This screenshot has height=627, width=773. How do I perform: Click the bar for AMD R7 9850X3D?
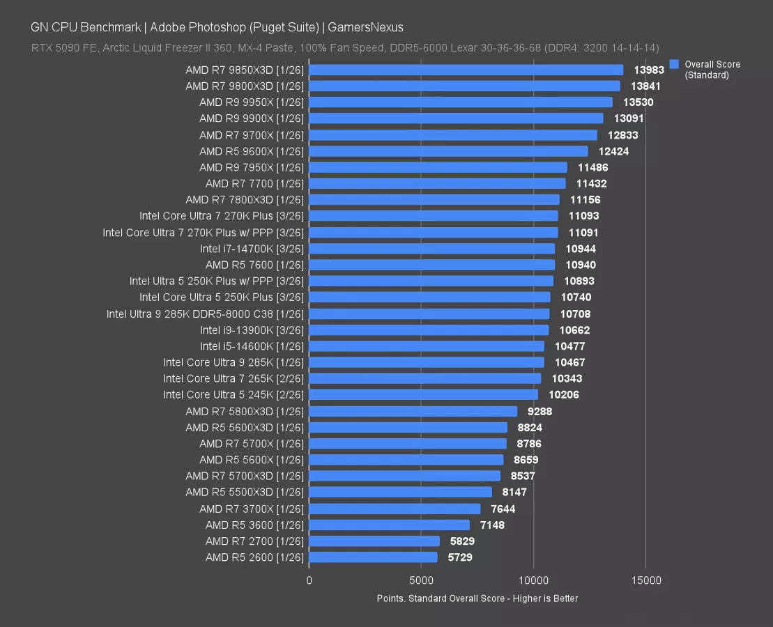[x=466, y=70]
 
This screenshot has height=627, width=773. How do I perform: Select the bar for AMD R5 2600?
[x=373, y=557]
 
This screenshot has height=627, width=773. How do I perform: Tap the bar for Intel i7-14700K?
[x=431, y=249]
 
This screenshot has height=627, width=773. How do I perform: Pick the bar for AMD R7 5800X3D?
[x=413, y=411]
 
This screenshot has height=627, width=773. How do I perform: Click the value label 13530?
[x=638, y=102]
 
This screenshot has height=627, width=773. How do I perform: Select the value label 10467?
[x=569, y=362]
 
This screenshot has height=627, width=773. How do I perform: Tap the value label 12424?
[x=613, y=151]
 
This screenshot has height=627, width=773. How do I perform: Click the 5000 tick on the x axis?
[x=421, y=580]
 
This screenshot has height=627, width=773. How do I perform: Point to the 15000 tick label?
[x=645, y=580]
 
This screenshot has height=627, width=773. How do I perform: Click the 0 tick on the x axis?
[x=309, y=580]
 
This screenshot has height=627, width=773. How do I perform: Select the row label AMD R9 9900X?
[x=252, y=118]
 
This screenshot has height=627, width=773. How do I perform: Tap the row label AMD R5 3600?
[x=254, y=525]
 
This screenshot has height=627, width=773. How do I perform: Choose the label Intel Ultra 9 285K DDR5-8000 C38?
[x=205, y=313]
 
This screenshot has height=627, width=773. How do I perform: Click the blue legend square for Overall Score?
[x=674, y=64]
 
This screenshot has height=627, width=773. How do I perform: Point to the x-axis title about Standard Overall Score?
[x=477, y=598]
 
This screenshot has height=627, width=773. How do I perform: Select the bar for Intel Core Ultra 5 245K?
[x=423, y=395]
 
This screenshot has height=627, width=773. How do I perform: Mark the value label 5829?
[x=459, y=541]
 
